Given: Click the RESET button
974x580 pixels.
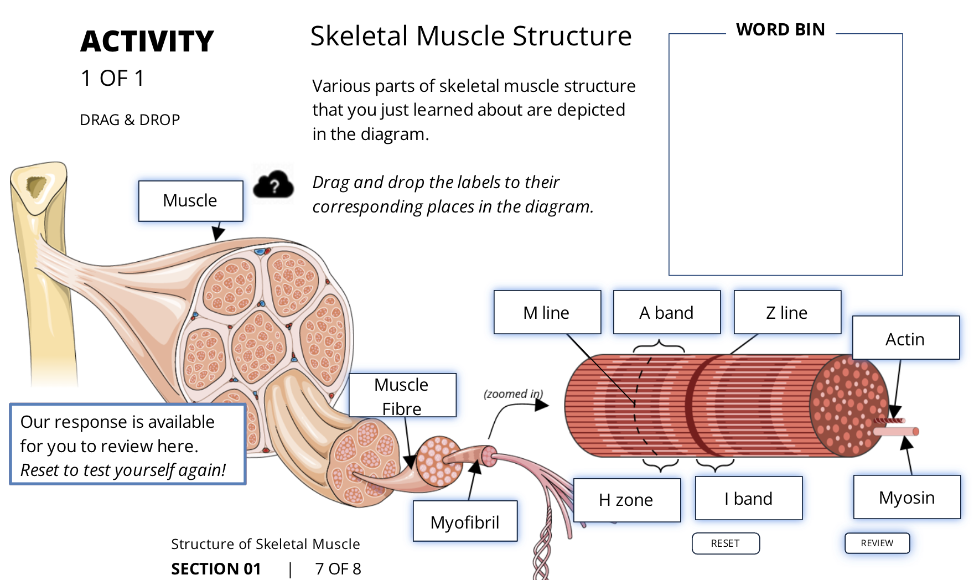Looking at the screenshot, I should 725,543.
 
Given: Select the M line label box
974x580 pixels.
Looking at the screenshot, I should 547,312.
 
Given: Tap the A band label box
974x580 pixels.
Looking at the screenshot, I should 666,312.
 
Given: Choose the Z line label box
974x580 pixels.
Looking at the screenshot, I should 787,312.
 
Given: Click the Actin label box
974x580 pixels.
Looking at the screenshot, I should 905,338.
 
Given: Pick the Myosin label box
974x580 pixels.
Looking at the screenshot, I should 906,497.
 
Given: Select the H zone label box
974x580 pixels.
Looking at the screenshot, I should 626,500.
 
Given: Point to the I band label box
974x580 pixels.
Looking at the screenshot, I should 748,498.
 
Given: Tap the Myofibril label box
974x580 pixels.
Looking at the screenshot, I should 465,521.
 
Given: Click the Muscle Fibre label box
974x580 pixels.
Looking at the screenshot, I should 402,395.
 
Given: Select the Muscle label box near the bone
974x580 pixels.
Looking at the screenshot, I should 190,200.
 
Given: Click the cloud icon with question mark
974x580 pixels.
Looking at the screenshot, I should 273,185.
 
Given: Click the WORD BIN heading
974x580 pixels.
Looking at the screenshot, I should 780,29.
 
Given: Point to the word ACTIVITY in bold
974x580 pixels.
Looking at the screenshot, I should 147,42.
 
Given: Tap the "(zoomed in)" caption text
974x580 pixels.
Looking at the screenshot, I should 513,393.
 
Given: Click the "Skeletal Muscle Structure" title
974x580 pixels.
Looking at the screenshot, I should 470,36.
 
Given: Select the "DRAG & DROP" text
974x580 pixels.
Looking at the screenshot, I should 130,120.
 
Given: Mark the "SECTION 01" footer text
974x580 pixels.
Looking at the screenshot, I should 216,568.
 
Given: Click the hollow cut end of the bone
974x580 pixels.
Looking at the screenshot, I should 37,187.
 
